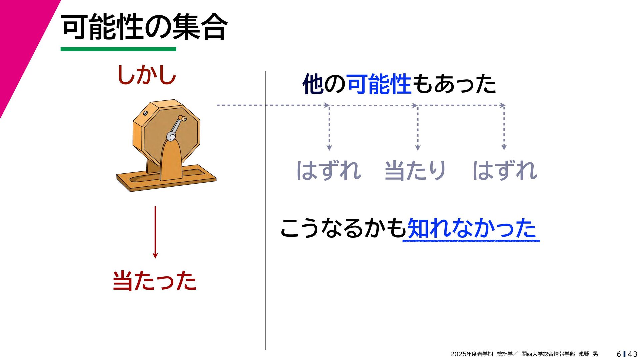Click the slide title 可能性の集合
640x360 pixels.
click(x=144, y=27)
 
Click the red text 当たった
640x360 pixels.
click(x=155, y=281)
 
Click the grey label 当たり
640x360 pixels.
click(x=415, y=171)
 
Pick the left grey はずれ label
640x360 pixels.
click(x=329, y=171)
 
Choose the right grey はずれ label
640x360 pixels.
click(x=505, y=171)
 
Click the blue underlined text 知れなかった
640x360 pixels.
click(x=471, y=229)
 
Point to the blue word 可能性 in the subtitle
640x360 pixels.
click(x=379, y=84)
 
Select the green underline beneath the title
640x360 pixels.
click(x=118, y=49)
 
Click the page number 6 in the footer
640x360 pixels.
click(x=619, y=354)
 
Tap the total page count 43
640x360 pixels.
click(x=632, y=354)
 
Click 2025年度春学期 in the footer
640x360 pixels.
click(x=471, y=354)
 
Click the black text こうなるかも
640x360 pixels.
click(x=343, y=229)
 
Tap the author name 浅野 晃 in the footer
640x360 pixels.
click(x=588, y=354)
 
